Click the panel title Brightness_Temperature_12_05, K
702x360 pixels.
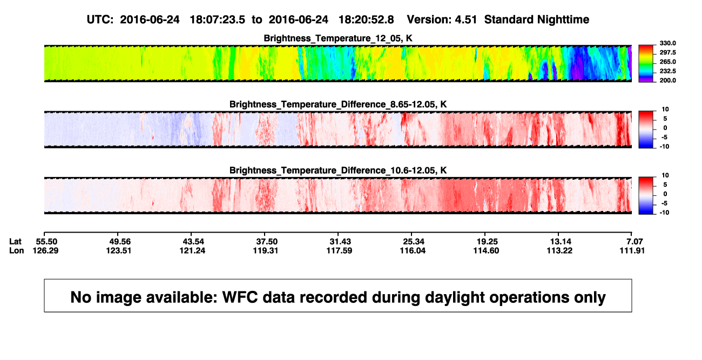click(x=338, y=38)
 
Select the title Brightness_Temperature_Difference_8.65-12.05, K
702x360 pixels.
click(x=338, y=104)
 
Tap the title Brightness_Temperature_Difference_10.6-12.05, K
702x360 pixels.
click(x=338, y=171)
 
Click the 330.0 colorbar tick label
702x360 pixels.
click(x=667, y=43)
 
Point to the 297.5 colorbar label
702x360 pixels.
click(x=667, y=53)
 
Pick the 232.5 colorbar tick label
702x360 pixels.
click(x=667, y=71)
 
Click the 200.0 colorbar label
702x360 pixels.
click(x=667, y=80)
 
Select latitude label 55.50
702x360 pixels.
click(x=46, y=242)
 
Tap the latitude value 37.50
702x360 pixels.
click(x=267, y=242)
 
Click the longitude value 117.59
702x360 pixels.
click(x=340, y=250)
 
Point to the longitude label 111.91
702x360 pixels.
click(x=632, y=250)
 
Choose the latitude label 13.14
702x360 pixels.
click(x=561, y=242)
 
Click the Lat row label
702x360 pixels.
click(x=15, y=242)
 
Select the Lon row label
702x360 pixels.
click(x=17, y=250)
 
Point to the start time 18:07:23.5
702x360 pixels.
click(x=218, y=20)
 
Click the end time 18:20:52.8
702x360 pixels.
click(x=366, y=20)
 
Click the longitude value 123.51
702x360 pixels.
click(x=119, y=250)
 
